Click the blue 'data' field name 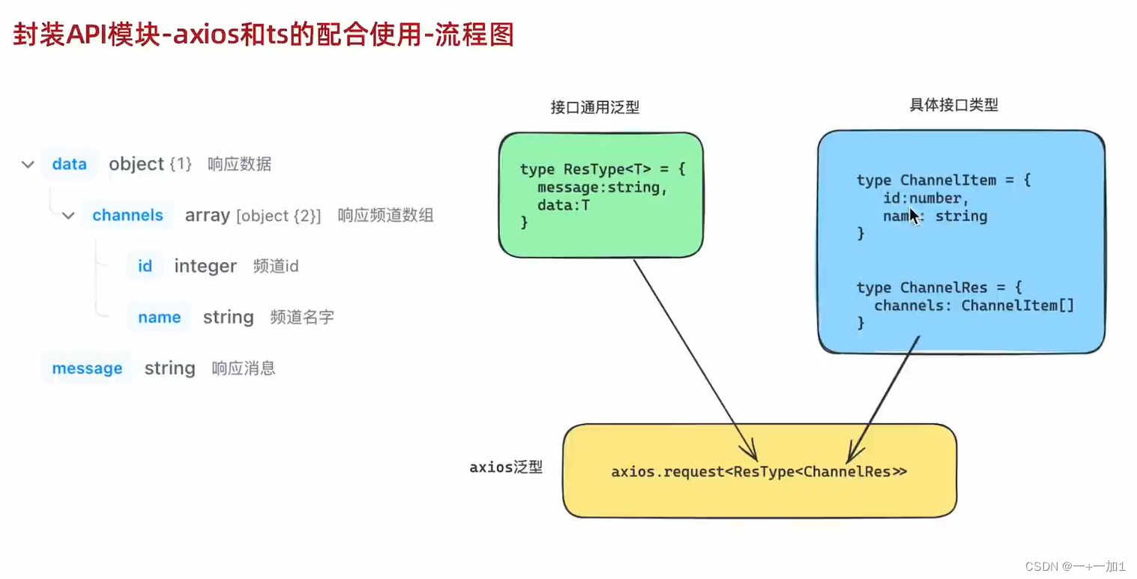[x=69, y=164]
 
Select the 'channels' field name [x=127, y=215]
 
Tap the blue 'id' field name [x=145, y=266]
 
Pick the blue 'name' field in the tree [x=160, y=317]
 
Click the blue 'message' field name [x=87, y=368]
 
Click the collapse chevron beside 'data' [x=28, y=165]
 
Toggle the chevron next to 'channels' [x=68, y=216]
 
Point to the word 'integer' [x=205, y=267]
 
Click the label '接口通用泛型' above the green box [x=595, y=107]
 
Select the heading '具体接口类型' [x=954, y=105]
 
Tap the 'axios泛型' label [x=506, y=467]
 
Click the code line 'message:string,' [x=602, y=188]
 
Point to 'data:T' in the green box [x=564, y=205]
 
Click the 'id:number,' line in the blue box [x=926, y=198]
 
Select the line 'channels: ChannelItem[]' [x=974, y=306]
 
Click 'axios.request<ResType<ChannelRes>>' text [x=758, y=472]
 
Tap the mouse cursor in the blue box [x=914, y=216]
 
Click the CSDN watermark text [x=1075, y=566]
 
